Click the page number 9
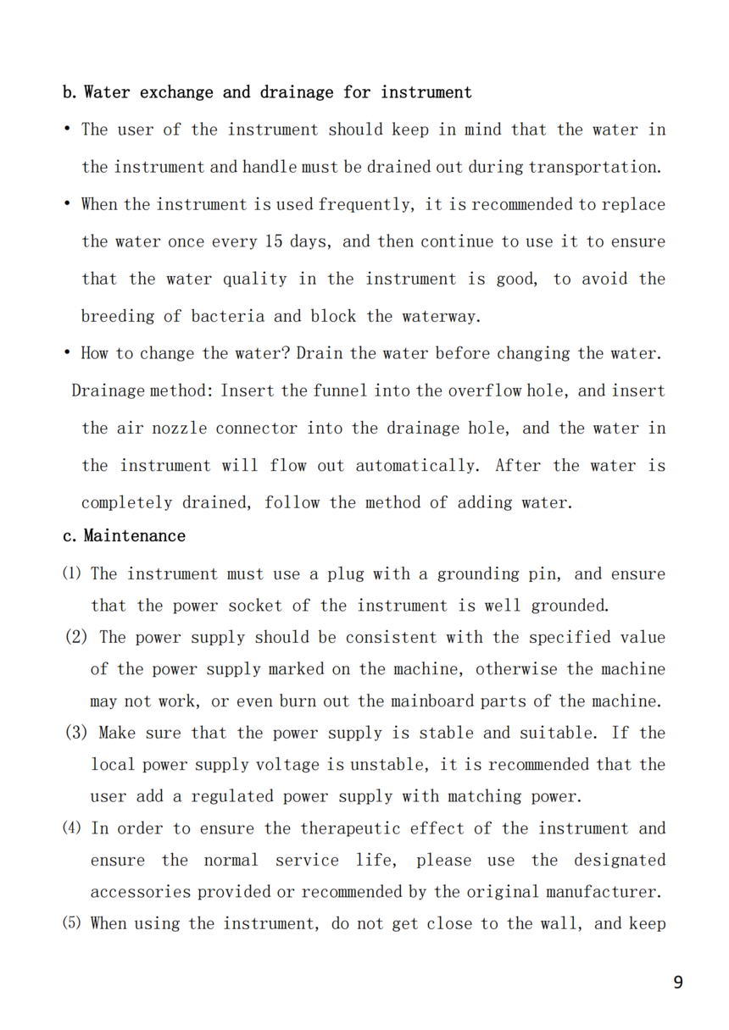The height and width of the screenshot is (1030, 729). [677, 983]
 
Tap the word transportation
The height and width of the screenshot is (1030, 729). [593, 167]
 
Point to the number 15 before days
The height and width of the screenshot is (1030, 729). [273, 241]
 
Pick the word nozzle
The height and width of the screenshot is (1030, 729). [179, 429]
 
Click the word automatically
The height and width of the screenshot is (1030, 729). [416, 466]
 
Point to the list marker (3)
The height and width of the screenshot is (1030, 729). [76, 734]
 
